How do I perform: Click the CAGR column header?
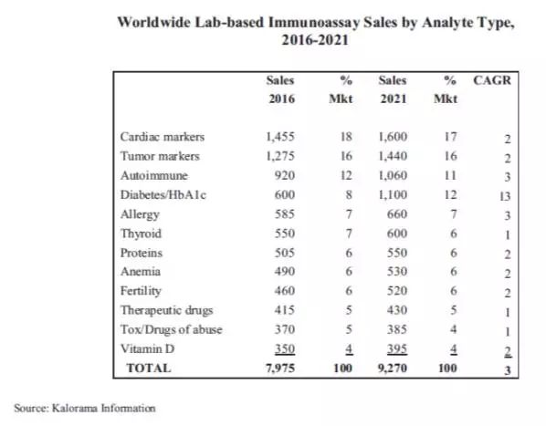[x=492, y=80]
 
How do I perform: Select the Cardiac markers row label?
[x=163, y=137]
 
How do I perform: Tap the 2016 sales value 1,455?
[x=280, y=137]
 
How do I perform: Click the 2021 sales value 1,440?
[x=393, y=156]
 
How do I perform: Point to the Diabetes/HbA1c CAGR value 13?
[x=505, y=196]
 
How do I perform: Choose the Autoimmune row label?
[x=154, y=175]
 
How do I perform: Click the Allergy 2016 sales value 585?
[x=285, y=213]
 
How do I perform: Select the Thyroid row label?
[x=141, y=234]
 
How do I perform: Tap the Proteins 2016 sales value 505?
[x=285, y=253]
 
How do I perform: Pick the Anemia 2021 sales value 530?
[x=397, y=272]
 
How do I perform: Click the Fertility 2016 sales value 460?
[x=285, y=291]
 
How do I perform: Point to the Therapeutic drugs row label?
[x=166, y=310]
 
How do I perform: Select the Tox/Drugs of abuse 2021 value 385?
[x=397, y=329]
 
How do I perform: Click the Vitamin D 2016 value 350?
[x=285, y=348]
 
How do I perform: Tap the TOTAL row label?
[x=149, y=368]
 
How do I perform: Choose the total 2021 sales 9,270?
[x=393, y=369]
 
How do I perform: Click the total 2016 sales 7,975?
[x=280, y=369]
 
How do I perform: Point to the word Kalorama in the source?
[x=75, y=408]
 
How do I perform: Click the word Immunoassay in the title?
[x=314, y=23]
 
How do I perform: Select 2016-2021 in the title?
[x=315, y=40]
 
